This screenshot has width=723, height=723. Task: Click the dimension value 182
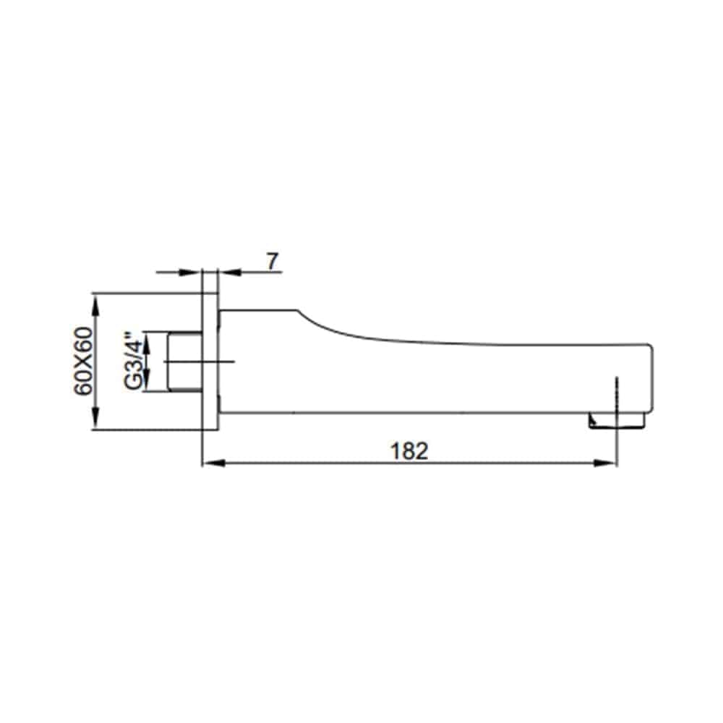[x=409, y=451]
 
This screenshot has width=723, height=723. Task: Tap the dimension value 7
[x=273, y=262]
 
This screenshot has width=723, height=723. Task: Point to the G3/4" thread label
[x=134, y=361]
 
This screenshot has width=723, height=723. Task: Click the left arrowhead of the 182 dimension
[x=214, y=463]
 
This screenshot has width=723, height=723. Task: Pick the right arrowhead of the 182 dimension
[x=605, y=463]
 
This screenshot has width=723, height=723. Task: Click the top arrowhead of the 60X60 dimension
[x=96, y=305]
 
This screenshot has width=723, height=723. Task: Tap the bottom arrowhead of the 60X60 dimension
[x=96, y=418]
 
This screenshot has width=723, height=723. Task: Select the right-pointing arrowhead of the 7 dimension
[x=191, y=272]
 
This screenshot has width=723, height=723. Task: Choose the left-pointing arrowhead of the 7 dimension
[x=230, y=272]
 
